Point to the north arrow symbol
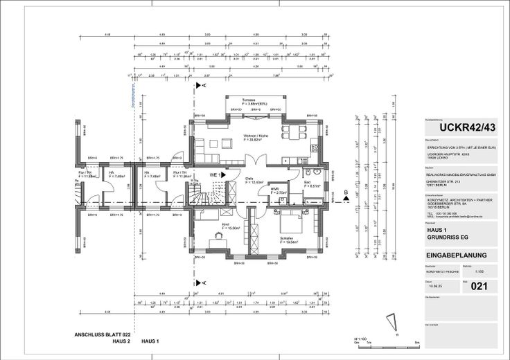click(x=396, y=321)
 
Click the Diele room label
click(x=250, y=179)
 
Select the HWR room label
click(x=274, y=189)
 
